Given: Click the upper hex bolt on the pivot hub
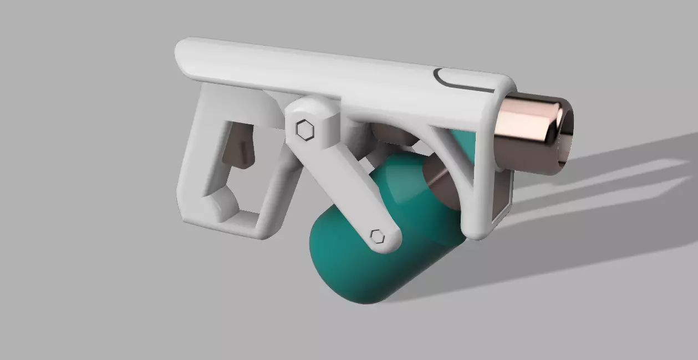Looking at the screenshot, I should point(304,130).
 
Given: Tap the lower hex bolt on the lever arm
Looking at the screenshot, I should point(377,236).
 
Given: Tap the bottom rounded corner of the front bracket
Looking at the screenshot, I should point(477,230).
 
